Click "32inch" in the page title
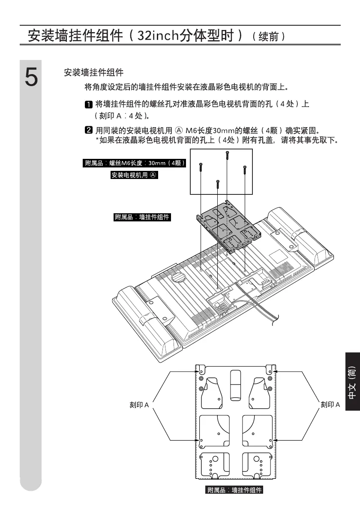156,35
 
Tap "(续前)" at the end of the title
268,36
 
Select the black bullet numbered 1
88,104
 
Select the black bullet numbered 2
88,130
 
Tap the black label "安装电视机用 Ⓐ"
135,175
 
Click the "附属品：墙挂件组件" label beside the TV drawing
142,217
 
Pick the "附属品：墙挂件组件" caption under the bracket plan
234,490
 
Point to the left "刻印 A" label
139,405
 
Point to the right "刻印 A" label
330,405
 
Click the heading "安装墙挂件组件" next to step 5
93,73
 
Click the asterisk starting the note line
97,140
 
